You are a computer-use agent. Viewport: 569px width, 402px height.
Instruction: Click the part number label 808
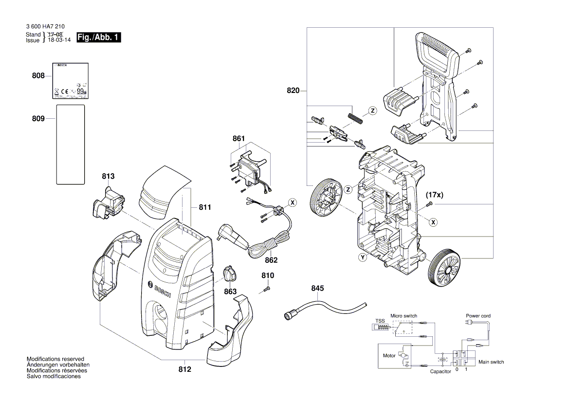tap(38, 76)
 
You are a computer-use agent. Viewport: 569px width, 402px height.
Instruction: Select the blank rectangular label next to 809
tap(71, 145)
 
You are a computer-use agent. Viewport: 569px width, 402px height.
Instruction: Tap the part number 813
tap(108, 176)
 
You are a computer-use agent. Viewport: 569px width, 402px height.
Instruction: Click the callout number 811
tap(205, 207)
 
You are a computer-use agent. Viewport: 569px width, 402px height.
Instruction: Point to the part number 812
tap(184, 369)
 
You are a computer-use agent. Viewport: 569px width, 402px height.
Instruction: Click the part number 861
tap(239, 139)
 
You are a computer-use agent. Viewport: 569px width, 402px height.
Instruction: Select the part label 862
tap(271, 260)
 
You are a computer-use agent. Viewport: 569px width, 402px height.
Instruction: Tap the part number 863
tap(230, 292)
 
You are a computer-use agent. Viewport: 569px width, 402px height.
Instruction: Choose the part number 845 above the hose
tap(317, 288)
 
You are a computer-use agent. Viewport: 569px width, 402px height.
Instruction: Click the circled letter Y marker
tap(362, 257)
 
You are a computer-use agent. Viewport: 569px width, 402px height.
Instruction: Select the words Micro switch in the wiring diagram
tap(404, 316)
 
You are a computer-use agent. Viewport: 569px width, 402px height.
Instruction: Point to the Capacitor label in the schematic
tap(440, 372)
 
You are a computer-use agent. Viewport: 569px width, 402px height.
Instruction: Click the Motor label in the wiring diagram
tap(389, 356)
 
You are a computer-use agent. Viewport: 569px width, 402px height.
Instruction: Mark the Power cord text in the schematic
tap(478, 316)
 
